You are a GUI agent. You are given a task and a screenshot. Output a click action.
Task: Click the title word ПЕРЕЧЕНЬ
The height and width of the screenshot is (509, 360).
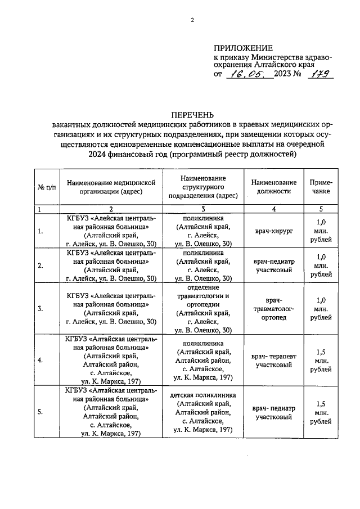click(x=192, y=115)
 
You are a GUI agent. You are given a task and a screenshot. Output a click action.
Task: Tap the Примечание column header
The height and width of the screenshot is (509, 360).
click(x=321, y=187)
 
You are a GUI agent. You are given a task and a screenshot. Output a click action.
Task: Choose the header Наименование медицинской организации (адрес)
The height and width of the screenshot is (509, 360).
click(x=110, y=187)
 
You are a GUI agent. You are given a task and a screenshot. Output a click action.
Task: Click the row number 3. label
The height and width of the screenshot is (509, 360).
click(x=40, y=309)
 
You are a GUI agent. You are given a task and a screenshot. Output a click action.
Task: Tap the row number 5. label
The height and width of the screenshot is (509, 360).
click(x=40, y=412)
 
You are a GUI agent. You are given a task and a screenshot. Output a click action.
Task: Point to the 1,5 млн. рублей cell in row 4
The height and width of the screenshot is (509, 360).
click(x=321, y=361)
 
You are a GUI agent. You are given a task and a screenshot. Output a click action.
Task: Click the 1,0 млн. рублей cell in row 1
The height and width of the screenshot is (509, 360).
click(x=321, y=231)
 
